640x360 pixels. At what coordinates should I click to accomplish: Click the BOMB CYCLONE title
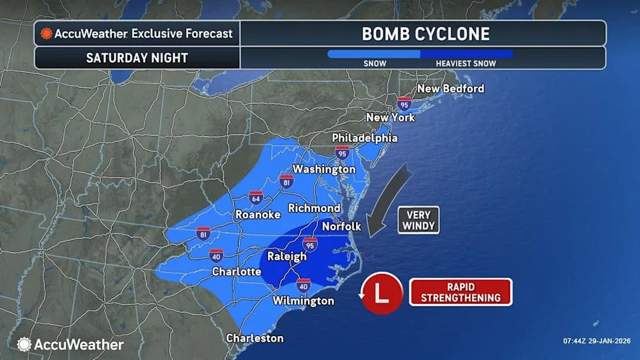pyautogui.click(x=425, y=34)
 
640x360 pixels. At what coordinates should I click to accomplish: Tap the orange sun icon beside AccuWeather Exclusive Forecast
pyautogui.click(x=46, y=33)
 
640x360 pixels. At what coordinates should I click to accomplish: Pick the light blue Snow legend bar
pyautogui.click(x=373, y=54)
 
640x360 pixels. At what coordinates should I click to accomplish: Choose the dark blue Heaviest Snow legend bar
pyautogui.click(x=467, y=54)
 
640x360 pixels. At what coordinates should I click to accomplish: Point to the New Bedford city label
pyautogui.click(x=450, y=89)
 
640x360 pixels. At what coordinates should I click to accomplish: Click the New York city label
pyautogui.click(x=390, y=117)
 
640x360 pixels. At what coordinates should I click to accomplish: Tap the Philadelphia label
pyautogui.click(x=365, y=138)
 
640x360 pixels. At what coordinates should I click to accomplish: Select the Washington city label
pyautogui.click(x=324, y=169)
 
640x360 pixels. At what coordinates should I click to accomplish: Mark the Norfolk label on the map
pyautogui.click(x=341, y=226)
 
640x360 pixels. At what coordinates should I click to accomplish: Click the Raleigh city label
pyautogui.click(x=287, y=256)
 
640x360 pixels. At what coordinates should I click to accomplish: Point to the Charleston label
pyautogui.click(x=255, y=338)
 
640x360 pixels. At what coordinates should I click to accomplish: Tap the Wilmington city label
pyautogui.click(x=303, y=301)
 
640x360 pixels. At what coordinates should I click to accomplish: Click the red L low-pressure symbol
pyautogui.click(x=381, y=293)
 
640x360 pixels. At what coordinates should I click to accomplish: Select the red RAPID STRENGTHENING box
pyautogui.click(x=460, y=292)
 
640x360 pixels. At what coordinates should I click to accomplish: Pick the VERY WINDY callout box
pyautogui.click(x=419, y=220)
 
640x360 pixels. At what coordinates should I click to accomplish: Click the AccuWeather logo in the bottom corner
pyautogui.click(x=71, y=344)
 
